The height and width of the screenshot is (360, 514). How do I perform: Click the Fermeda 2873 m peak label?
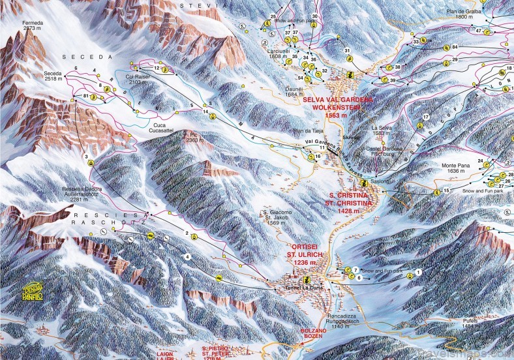point(32,26)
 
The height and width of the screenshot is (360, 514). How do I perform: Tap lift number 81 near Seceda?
point(86,96)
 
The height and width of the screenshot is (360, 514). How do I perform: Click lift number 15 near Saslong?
point(446,190)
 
